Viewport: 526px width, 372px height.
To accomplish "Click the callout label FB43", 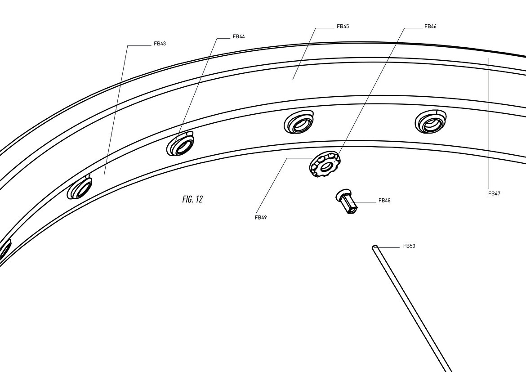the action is (x=160, y=44).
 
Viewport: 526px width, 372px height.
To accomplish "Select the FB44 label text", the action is (x=239, y=36).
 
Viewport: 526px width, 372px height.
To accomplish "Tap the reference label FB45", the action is (x=343, y=27).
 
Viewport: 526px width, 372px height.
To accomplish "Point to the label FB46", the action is (x=430, y=27).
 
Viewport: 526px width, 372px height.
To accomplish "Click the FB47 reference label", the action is (x=494, y=194).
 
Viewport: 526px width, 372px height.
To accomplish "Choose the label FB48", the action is (x=384, y=201).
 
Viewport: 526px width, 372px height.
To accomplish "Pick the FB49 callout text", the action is (x=261, y=218).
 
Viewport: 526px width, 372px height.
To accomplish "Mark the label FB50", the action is (x=409, y=246).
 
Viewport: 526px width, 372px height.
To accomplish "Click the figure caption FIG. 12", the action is (x=192, y=199).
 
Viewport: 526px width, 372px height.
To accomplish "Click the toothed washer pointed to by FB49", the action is (x=325, y=164).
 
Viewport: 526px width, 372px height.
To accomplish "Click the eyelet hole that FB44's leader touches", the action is (x=181, y=144).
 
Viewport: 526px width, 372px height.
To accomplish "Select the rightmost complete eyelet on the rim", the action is (x=431, y=121).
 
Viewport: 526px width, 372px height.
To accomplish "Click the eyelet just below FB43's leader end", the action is (x=80, y=187).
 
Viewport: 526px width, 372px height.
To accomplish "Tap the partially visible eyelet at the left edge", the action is (x=4, y=249).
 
